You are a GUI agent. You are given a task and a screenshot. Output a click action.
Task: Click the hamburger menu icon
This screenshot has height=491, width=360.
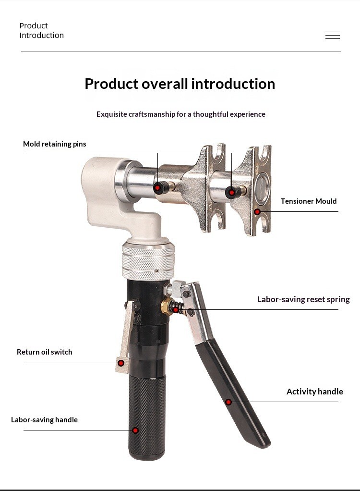coord(333,36)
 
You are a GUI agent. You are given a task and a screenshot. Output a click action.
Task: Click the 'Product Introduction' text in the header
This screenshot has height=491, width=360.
coord(42,30)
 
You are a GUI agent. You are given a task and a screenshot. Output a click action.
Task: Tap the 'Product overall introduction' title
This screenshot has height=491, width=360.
coord(180,84)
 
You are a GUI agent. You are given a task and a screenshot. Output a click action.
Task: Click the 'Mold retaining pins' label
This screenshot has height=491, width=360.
coord(54,144)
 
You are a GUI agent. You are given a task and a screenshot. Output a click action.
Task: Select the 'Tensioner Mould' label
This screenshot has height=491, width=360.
coord(308,201)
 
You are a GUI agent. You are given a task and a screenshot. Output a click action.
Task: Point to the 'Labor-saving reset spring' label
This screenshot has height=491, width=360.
coord(303,299)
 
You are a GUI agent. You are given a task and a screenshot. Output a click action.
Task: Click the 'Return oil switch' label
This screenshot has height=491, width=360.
coord(45,352)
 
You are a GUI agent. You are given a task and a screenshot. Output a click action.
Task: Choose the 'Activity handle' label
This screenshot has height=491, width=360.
coord(315,392)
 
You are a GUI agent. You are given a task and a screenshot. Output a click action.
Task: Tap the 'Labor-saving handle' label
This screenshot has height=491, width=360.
coord(44,419)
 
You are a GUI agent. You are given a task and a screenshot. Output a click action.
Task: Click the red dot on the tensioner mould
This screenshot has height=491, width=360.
coord(257,212)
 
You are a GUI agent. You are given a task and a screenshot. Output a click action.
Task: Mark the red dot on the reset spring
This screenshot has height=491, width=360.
coord(176,310)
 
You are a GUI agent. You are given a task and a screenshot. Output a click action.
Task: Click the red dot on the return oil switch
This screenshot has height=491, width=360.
coord(121,363)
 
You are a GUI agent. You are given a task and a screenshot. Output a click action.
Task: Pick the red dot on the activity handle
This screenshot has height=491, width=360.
coord(228,402)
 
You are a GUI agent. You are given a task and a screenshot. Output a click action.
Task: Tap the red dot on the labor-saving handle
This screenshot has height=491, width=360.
coord(135,430)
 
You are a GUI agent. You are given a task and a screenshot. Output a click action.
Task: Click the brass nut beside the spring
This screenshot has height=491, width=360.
coord(166,306)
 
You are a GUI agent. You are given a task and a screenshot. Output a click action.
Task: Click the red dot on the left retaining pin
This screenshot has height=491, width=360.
coord(157,188)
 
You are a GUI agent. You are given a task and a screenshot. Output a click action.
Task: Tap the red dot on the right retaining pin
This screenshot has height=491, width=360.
coord(231,192)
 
